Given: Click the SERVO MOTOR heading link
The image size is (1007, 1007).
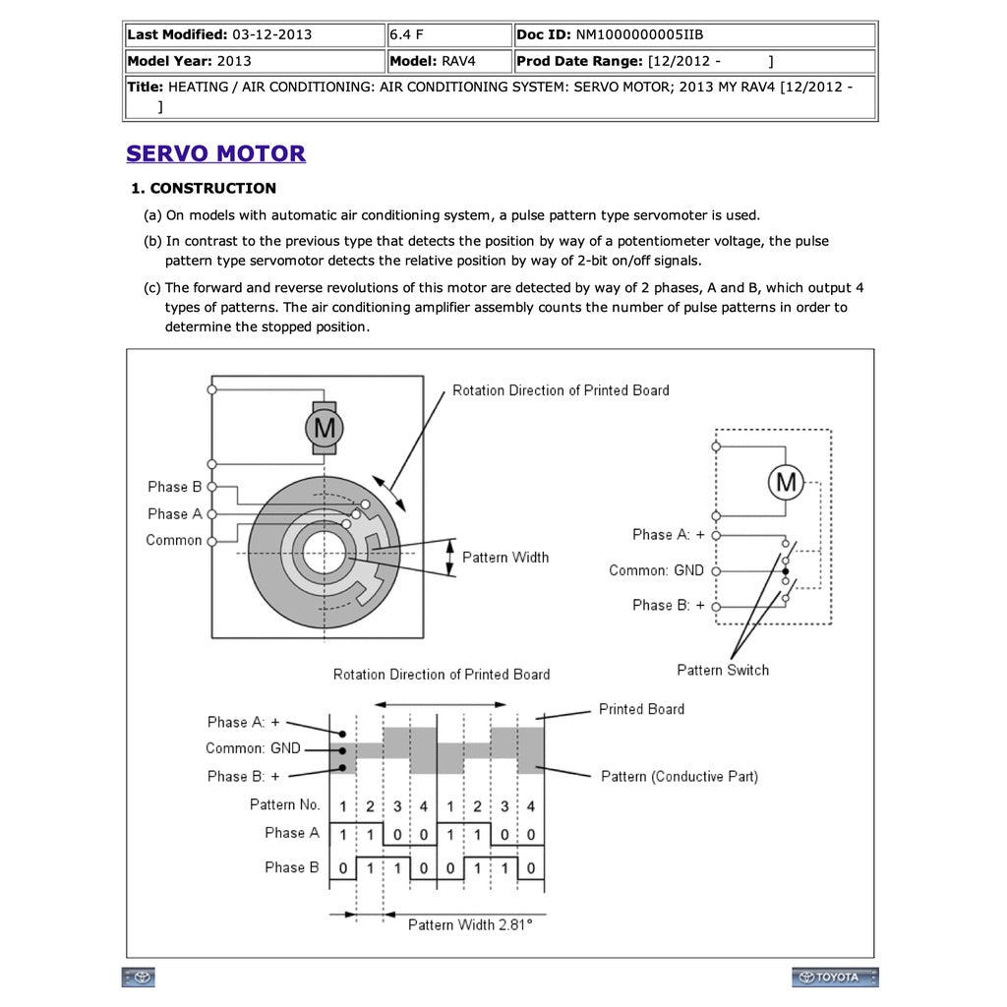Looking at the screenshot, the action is pos(215,153).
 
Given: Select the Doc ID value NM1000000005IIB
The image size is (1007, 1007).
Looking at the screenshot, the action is pos(639,34).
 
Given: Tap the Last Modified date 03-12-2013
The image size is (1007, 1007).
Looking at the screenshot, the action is pos(271,34).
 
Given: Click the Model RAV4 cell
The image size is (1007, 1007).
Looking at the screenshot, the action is pos(449,61).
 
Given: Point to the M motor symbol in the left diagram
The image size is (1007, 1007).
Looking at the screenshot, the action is pos(325,428).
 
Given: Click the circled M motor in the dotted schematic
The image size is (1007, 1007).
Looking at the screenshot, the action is pos(786,482).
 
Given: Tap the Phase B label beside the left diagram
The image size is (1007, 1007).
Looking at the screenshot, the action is pos(175,487).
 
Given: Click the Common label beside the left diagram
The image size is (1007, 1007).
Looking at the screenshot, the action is pos(173,540).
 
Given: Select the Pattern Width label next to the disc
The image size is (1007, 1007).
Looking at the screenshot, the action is pos(505,558).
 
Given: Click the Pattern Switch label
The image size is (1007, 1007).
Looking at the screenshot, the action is pos(723,670).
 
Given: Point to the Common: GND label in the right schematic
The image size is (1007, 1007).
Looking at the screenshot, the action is pos(656,570).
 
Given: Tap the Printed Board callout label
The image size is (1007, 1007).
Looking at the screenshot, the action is pos(641,709).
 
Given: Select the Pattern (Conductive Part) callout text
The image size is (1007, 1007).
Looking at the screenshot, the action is pos(680,777).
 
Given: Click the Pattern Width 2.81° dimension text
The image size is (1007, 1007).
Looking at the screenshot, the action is pos(470,924).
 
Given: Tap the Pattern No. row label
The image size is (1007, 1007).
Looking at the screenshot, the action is pos(284,804).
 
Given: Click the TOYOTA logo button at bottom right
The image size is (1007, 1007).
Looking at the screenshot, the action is pos(835,977).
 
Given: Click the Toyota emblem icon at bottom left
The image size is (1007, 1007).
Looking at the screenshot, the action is pos(138,977).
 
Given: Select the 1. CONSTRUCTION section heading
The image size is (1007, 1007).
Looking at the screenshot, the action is pos(204,188).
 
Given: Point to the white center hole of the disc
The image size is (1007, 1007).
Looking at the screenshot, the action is pos(324,553).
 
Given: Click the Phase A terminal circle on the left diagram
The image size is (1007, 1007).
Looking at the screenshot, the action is pos(212,513).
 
